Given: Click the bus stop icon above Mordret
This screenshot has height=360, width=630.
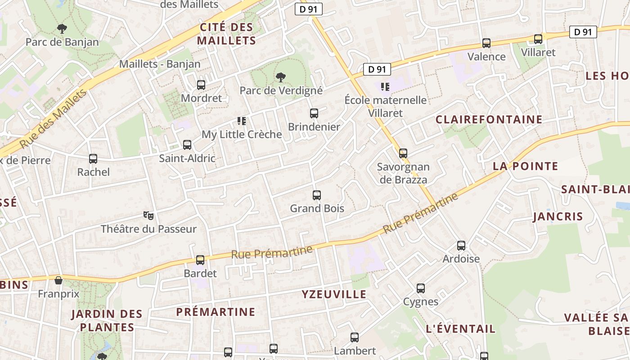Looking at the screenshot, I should tap(201, 85).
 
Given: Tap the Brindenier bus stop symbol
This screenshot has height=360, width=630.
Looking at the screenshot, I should tap(314, 113).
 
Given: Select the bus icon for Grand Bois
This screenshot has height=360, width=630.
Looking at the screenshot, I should tap(317, 195).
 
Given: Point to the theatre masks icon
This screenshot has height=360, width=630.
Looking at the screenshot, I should tap(148, 216).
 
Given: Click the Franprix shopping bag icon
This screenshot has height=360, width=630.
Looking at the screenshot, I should tap(58, 281).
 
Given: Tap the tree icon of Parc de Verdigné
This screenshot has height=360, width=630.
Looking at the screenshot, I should tap(281, 77).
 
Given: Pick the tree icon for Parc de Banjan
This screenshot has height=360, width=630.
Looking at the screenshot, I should tap(62, 29).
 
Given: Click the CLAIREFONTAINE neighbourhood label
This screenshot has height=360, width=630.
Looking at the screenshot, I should tap(489, 120).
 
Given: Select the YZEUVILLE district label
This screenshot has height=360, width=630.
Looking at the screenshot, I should tap(334, 294).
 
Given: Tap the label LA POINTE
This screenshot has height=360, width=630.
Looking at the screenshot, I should tap(525, 166).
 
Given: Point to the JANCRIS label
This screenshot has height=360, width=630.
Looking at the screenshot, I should tap(558, 216).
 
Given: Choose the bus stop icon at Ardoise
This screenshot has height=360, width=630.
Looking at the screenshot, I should tap(461, 246).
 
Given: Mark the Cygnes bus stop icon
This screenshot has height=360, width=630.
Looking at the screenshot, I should tap(421, 288).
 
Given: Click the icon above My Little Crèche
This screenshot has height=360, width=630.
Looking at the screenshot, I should tap(242, 121).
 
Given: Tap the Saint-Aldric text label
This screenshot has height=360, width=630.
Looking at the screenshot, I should tap(187, 158).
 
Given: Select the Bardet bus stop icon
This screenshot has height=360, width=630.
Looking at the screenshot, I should tap(200, 260).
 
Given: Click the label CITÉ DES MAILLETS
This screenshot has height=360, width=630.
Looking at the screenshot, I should tap(226, 34).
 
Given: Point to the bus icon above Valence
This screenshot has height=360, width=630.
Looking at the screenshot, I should tap(486, 43).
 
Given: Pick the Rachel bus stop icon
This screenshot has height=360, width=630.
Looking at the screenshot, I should tap(93, 159).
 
